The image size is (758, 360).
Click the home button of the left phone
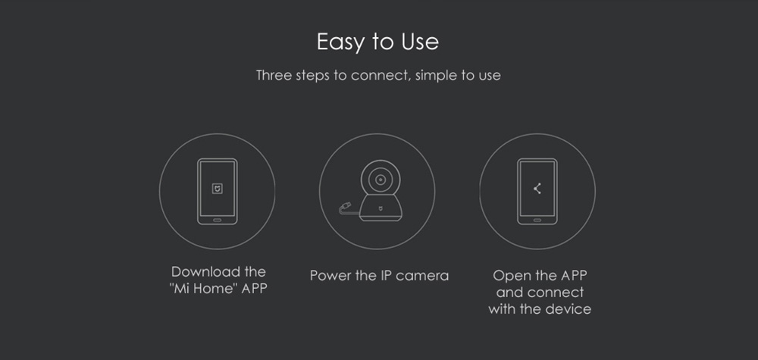(x=218, y=220)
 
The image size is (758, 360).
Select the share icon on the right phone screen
(x=537, y=189)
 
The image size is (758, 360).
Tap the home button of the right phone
(x=537, y=220)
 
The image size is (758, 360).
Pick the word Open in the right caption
(x=509, y=275)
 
